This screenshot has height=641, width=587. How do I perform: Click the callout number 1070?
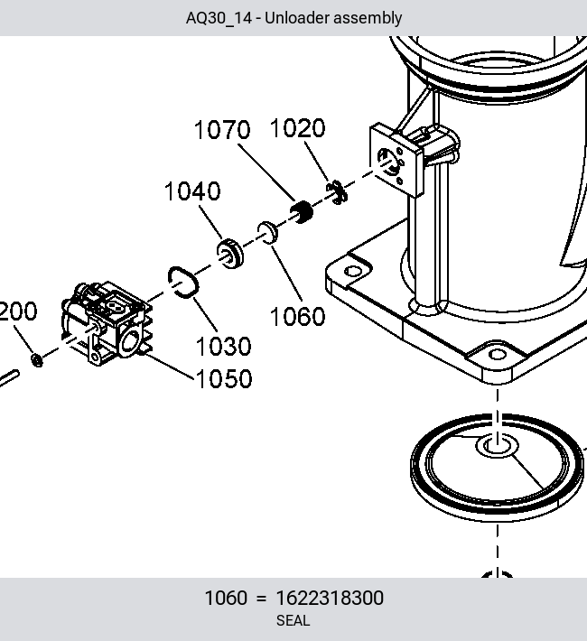tap(222, 130)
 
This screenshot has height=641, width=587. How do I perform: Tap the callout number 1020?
tap(298, 128)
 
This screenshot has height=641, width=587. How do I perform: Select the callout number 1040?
tap(192, 191)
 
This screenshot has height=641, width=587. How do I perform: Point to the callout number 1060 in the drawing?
tap(298, 316)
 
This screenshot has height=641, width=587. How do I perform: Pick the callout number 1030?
tap(223, 347)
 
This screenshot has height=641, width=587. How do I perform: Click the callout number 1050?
tap(224, 378)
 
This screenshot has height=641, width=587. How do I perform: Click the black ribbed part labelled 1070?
tap(302, 212)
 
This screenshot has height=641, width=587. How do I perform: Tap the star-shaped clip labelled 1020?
tap(337, 192)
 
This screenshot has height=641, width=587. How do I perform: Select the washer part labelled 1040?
tap(230, 253)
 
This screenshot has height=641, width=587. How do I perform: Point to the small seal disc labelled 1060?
tap(267, 233)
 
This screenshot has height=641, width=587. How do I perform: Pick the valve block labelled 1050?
tap(107, 322)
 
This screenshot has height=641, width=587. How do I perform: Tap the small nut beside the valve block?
tap(37, 360)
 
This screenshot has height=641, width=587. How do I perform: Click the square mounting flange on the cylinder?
tap(396, 161)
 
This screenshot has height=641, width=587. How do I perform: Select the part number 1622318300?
tap(330, 598)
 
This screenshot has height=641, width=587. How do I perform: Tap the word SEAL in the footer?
tap(293, 620)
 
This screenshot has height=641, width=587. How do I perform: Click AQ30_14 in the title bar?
tap(219, 18)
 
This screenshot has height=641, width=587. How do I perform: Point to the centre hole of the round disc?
tap(498, 446)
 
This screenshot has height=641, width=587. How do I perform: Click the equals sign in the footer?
tap(261, 599)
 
